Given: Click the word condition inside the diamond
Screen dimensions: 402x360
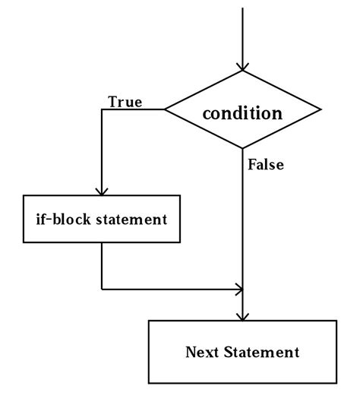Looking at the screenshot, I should coord(242,113).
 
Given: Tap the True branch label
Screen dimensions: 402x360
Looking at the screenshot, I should coord(125,101).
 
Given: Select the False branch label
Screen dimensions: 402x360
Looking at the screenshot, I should coord(266,164).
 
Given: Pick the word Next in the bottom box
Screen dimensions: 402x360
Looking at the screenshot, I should coord(203,352).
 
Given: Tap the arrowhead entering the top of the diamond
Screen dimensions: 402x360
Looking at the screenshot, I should coord(242,66).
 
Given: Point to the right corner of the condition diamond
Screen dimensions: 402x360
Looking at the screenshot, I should coord(320,109).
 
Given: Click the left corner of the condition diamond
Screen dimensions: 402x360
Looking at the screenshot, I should coord(166,109).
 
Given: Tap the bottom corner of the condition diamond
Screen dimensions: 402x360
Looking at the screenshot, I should coord(242,147).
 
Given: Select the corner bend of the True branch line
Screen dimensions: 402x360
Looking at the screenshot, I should coord(101,109).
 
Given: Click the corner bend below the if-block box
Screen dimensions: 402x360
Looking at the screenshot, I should coord(101,289).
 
